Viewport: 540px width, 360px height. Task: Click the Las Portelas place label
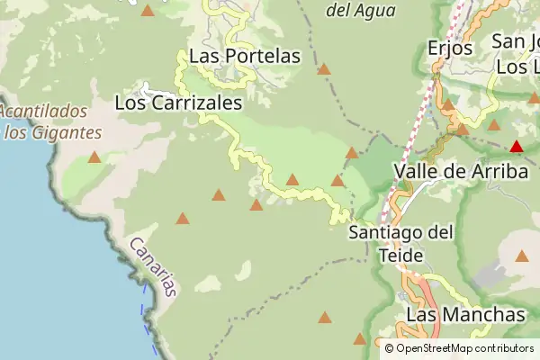(244, 56)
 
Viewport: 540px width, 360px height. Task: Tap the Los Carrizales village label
(179, 103)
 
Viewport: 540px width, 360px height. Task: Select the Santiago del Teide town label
(400, 244)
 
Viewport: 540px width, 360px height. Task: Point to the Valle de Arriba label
(460, 171)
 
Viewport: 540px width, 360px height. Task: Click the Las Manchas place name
(465, 315)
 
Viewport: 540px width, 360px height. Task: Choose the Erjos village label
(451, 48)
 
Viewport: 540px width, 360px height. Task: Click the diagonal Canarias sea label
(154, 266)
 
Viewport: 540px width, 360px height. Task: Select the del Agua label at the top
(359, 11)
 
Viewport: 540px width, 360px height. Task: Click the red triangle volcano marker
(517, 146)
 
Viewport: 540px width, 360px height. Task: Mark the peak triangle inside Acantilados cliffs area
(94, 157)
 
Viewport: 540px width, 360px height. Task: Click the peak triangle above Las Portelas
(148, 11)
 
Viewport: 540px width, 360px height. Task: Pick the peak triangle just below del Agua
(324, 68)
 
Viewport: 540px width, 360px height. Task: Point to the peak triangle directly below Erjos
(448, 105)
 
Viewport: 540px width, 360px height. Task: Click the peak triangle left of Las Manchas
(360, 339)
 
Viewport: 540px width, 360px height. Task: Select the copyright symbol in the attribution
(389, 348)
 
